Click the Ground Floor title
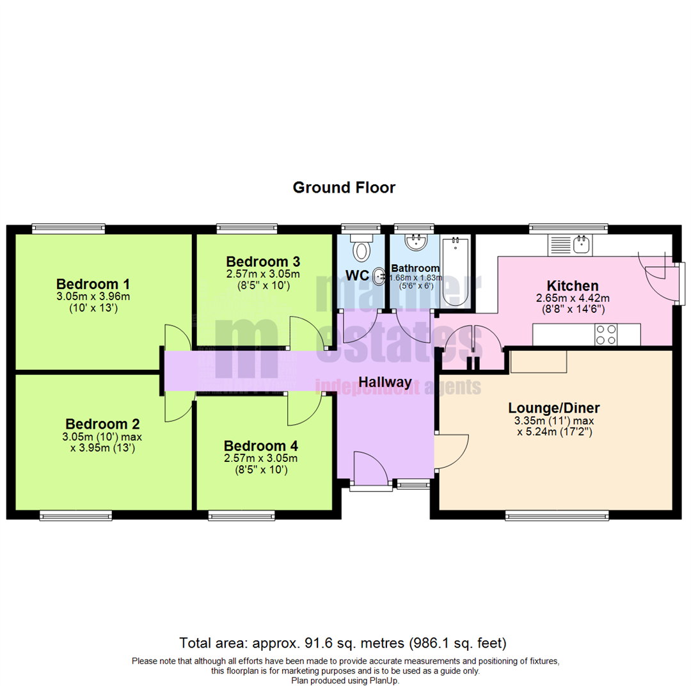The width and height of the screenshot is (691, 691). tap(344, 187)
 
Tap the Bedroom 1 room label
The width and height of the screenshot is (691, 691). tap(93, 283)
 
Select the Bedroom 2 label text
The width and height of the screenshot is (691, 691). tap(102, 424)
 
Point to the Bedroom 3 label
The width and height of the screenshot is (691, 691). tap(263, 262)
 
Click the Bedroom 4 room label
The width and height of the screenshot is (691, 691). tap(260, 445)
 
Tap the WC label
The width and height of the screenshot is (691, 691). tap(356, 276)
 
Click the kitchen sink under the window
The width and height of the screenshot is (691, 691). tap(582, 244)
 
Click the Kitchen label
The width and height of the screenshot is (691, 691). tap(572, 285)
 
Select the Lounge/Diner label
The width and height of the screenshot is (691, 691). tap(553, 408)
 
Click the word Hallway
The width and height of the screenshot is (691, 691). tap(385, 382)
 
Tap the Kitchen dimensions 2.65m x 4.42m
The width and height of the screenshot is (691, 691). tap(572, 298)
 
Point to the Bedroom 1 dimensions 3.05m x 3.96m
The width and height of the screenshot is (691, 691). tap(93, 296)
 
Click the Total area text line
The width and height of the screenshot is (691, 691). tap(344, 642)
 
